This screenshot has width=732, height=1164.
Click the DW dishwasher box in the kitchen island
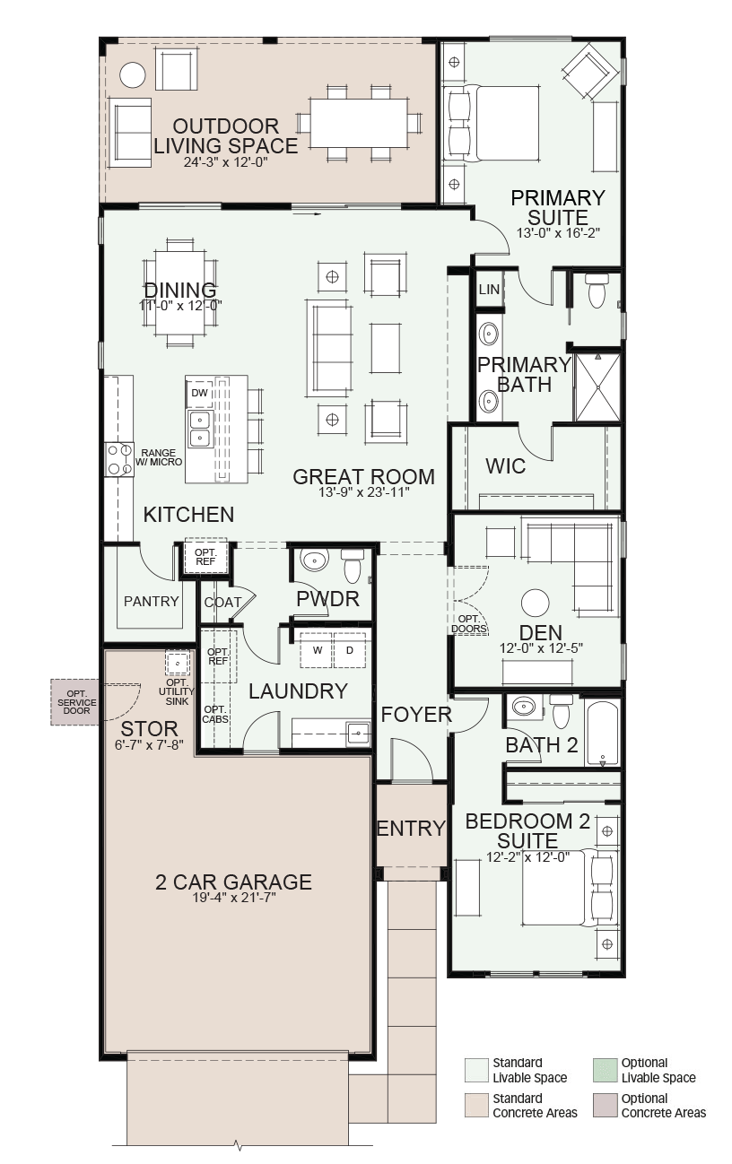click(199, 394)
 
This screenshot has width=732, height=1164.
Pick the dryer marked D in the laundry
click(350, 650)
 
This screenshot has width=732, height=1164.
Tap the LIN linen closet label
click(489, 290)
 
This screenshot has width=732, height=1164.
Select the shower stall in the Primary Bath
click(597, 387)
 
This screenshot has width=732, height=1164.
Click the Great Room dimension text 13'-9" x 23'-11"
click(364, 492)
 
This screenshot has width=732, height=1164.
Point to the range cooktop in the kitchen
click(119, 459)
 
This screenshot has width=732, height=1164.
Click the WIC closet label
click(505, 466)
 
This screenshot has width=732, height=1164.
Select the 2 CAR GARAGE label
click(233, 882)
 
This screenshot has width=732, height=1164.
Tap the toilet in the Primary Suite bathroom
click(597, 291)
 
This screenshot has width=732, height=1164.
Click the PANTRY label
click(152, 601)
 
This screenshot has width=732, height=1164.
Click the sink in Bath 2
click(524, 707)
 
